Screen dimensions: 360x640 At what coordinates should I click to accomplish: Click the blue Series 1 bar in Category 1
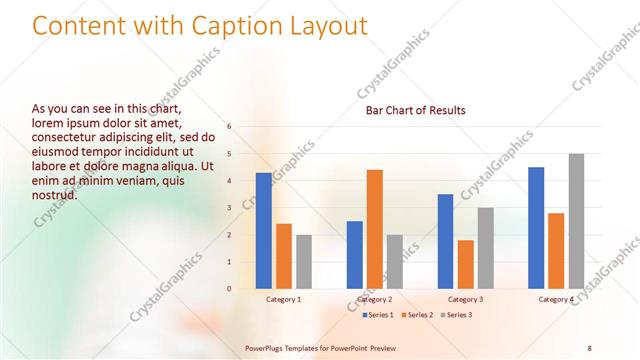point(263,230)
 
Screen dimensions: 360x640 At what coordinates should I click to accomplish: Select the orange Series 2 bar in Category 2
point(375,229)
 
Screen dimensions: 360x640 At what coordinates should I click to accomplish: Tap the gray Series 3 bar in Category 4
point(576,221)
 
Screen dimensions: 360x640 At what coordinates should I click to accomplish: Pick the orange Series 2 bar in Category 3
point(466,264)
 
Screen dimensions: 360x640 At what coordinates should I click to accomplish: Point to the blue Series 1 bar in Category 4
point(536,227)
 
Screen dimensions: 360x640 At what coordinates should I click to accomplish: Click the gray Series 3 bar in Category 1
point(304,261)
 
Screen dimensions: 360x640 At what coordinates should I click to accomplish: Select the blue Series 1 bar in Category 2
point(355,254)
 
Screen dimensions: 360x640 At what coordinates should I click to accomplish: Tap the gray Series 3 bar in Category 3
point(486,248)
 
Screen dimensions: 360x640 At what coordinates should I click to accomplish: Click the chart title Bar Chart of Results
point(415,110)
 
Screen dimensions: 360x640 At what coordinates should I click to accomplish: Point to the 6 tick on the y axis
point(230,127)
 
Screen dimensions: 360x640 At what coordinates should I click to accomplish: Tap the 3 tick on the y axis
point(230,208)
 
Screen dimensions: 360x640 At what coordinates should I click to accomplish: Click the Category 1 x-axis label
point(284,299)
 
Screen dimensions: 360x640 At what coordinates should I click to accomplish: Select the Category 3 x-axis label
point(465,299)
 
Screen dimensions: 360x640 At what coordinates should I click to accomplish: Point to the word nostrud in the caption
point(55,195)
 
